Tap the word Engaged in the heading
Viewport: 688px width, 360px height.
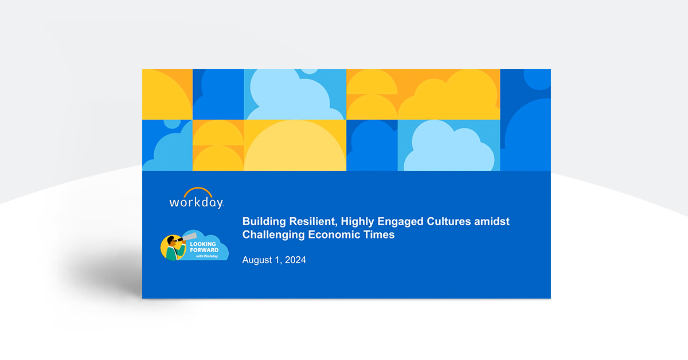400,222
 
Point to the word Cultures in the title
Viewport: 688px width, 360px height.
449,221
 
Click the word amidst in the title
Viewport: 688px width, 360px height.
492,221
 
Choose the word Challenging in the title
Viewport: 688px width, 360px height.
273,235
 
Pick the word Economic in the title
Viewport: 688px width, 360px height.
334,234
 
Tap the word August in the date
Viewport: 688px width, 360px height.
257,260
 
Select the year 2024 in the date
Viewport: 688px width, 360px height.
295,260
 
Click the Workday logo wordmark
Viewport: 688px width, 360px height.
197,203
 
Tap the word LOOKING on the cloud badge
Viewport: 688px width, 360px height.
203,244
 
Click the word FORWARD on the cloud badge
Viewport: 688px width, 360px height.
204,250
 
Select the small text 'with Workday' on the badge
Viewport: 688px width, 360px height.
207,256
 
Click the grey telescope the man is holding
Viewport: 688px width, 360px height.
189,237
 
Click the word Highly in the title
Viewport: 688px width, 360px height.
358,222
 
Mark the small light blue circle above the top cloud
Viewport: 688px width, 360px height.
310,71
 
